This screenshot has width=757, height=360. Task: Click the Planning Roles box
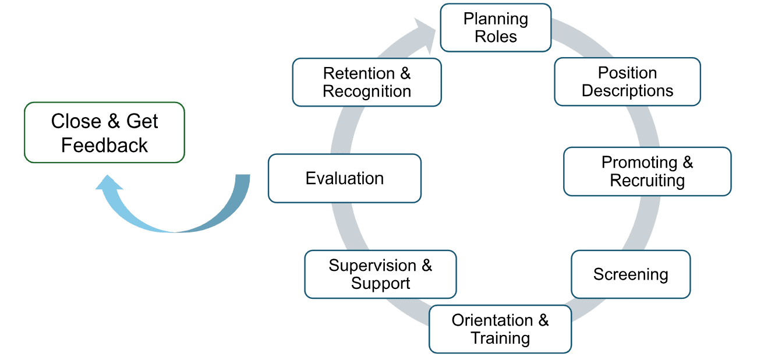point(496,27)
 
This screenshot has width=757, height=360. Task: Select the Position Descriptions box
point(627,82)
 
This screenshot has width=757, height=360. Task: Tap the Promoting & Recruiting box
point(647,171)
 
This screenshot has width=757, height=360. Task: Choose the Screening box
point(631,274)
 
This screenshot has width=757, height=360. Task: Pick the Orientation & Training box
point(500,329)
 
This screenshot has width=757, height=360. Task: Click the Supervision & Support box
point(380,274)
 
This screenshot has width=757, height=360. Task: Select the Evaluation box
point(344,178)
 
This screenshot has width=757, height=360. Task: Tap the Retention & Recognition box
point(366,82)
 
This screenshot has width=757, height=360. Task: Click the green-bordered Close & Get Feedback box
point(104,133)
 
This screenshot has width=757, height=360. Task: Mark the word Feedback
point(104,145)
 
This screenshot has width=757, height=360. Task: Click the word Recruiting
point(647,181)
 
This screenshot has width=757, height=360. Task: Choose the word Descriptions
point(627,91)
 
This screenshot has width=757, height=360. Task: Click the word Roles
point(496,37)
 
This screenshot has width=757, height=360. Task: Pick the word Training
point(500,338)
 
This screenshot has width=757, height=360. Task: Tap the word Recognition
point(366,91)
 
